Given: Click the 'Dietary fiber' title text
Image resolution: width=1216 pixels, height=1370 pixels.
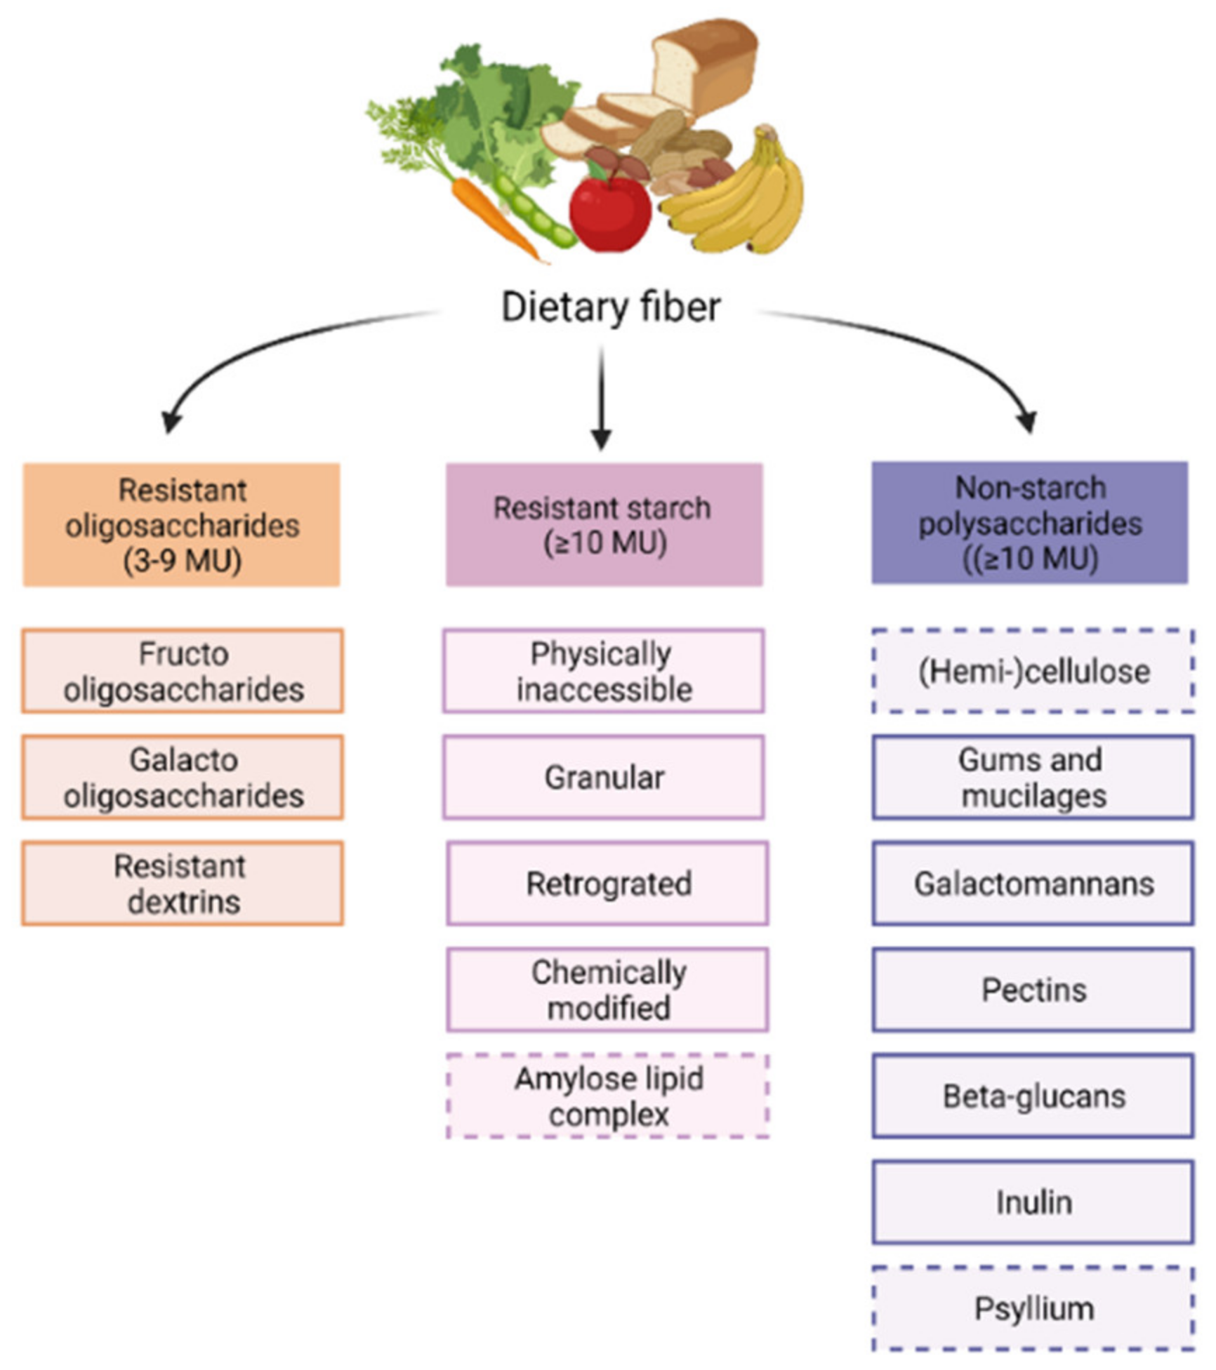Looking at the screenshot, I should (610, 307).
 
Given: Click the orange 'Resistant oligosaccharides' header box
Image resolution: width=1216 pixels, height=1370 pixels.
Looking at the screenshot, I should (182, 524).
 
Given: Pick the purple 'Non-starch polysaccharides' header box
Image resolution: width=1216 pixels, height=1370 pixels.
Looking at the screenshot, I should (1029, 523).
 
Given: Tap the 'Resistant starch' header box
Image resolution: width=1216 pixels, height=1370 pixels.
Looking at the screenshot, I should (604, 524).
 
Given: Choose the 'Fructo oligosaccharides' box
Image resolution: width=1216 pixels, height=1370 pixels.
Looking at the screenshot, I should (183, 671).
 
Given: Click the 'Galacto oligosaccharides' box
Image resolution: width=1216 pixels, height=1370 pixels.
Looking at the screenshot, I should (183, 777).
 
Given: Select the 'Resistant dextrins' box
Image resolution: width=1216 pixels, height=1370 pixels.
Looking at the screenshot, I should (183, 883).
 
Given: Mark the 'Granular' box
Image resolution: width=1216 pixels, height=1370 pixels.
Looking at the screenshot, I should (604, 777).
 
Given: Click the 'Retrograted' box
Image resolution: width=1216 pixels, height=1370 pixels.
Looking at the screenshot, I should (608, 883).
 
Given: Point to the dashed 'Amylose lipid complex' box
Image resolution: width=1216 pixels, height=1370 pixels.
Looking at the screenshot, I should (608, 1096).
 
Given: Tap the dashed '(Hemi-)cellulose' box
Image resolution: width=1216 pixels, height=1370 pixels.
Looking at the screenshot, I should (1033, 671).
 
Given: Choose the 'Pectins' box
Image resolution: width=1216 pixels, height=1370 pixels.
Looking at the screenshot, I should (1033, 990).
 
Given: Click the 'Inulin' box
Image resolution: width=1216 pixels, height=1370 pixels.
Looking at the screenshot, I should (1033, 1202).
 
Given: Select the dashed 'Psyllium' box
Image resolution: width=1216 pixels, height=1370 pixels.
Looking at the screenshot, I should (1033, 1308).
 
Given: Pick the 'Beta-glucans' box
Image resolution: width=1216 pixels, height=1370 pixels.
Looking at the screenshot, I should (1033, 1096).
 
